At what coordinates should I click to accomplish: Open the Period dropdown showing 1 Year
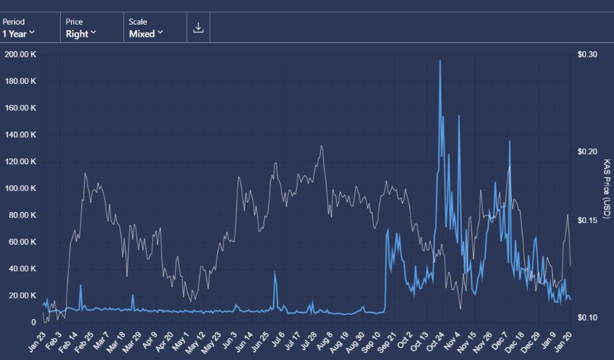click(x=19, y=28)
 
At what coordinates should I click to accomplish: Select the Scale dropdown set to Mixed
click(x=146, y=28)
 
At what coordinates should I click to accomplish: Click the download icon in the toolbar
click(x=199, y=28)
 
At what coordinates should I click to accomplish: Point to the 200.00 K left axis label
click(x=20, y=54)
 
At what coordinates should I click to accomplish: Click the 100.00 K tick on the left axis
click(x=20, y=188)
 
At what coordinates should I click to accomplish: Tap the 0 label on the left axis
click(x=33, y=322)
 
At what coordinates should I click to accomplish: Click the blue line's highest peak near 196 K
click(x=440, y=61)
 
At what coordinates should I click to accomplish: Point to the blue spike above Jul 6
click(x=275, y=272)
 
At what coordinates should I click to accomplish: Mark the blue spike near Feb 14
click(x=81, y=286)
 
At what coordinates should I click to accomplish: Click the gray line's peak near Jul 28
click(x=321, y=146)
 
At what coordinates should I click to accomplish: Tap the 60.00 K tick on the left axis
click(x=21, y=242)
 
